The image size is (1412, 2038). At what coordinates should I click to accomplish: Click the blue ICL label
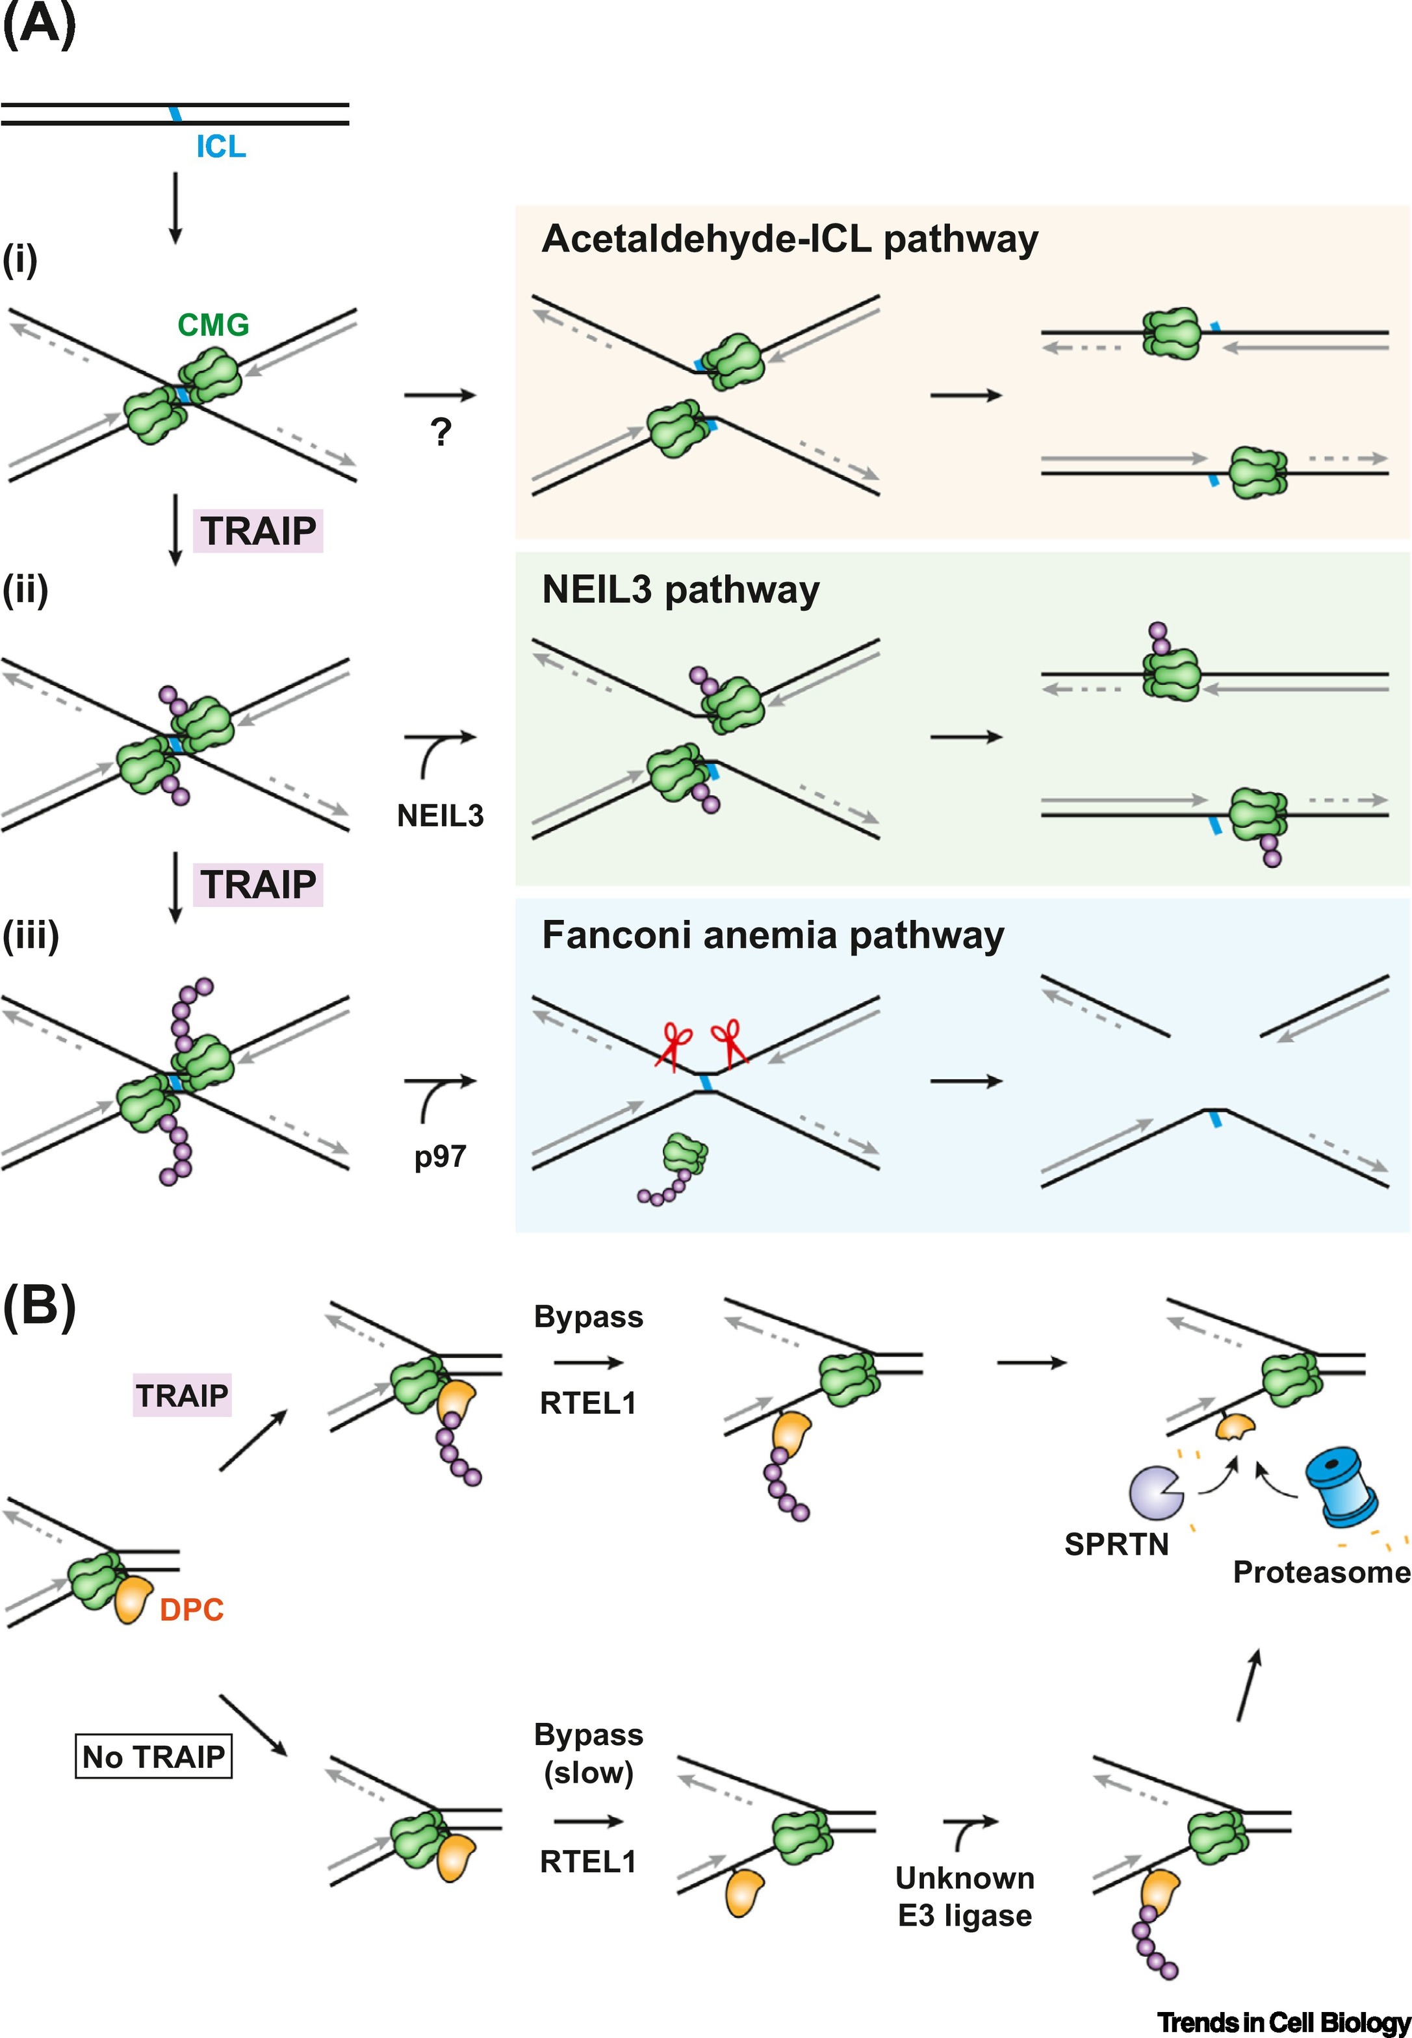(220, 147)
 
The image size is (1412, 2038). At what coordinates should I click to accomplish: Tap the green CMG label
(213, 325)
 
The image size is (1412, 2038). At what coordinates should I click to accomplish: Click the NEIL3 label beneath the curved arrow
(440, 815)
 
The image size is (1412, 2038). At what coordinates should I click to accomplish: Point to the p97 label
(440, 1156)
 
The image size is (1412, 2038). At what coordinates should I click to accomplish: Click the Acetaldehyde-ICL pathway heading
(789, 240)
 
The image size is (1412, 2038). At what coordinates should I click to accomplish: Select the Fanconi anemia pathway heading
(773, 936)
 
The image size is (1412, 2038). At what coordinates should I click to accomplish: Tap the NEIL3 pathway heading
(680, 590)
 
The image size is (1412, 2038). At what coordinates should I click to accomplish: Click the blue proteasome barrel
(1341, 1488)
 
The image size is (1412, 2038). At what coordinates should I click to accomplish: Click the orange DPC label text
(191, 1610)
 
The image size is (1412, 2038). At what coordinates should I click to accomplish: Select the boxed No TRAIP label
(153, 1756)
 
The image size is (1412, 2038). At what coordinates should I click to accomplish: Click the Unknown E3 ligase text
(964, 1896)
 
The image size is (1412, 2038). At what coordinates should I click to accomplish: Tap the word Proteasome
(1321, 1572)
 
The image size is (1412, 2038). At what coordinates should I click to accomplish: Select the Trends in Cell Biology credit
(1283, 2022)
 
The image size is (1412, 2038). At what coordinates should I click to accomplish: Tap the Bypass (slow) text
(588, 1753)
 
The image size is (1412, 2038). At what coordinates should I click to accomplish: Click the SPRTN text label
(1116, 1544)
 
